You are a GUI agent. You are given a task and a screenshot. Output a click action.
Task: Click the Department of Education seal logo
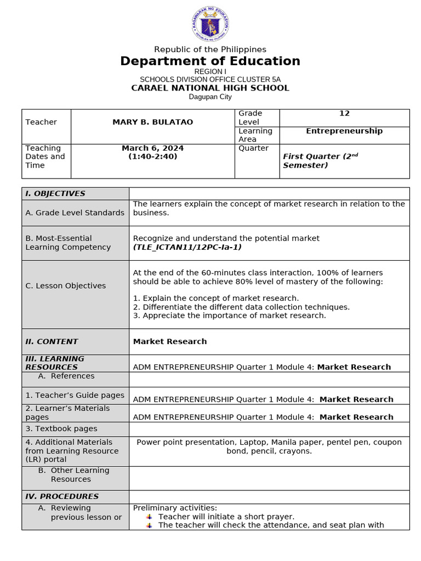coord(210,25)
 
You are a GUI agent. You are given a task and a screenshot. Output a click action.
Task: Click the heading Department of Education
coord(210,61)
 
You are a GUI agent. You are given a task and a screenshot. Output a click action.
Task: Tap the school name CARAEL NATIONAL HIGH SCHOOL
coord(210,88)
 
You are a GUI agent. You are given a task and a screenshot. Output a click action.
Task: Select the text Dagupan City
coord(210,97)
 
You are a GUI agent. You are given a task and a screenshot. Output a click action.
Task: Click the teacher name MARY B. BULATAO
coord(153,122)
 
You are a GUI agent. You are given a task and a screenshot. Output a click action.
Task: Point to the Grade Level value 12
coord(344,113)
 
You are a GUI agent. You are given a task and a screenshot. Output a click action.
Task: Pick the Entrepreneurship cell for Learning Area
coord(344,131)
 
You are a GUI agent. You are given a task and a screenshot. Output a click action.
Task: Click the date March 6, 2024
coord(153,148)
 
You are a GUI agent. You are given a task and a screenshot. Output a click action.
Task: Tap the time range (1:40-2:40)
coord(153,157)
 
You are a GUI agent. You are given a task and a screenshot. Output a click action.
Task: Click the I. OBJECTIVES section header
coord(55,193)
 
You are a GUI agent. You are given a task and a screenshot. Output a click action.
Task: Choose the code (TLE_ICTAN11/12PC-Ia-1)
coord(187,247)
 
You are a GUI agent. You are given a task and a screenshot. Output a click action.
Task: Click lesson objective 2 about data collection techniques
coord(241,307)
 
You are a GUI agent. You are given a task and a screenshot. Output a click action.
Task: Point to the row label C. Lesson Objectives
coord(66,285)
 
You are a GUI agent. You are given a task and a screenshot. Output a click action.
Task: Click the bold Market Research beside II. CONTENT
coord(170,341)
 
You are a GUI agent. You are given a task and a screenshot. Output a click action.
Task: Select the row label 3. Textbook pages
coord(61,429)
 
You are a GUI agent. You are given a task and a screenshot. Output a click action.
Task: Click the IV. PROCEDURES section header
coord(62,496)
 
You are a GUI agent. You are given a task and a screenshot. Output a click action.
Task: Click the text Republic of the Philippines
coord(210,49)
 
